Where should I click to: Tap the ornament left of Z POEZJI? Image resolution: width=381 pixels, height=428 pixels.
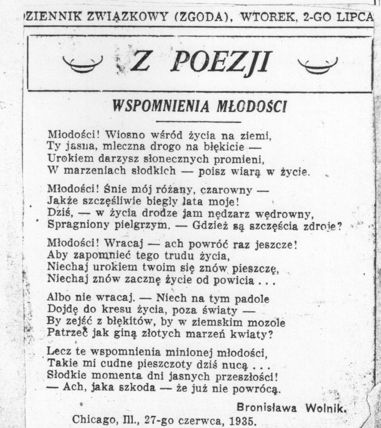coord(82,64)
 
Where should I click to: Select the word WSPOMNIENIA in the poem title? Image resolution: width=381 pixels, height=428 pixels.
coord(161,106)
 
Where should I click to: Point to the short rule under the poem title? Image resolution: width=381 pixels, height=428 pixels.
coord(198,122)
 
